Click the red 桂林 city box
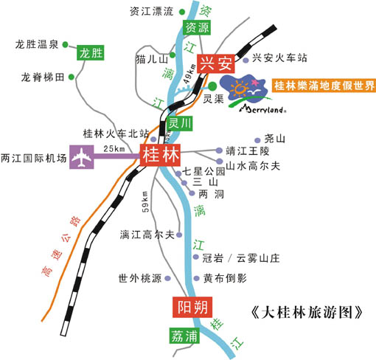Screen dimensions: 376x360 pyautogui.click(x=160, y=155)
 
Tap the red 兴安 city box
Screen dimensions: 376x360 pyautogui.click(x=216, y=63)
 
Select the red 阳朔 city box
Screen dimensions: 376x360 pyautogui.click(x=192, y=307)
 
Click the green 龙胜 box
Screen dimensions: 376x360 pyautogui.click(x=91, y=52)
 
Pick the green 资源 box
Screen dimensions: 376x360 pyautogui.click(x=197, y=27)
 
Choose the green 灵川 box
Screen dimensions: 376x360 pyautogui.click(x=179, y=123)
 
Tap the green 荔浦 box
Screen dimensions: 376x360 pyautogui.click(x=184, y=336)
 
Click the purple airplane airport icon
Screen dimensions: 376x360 pyautogui.click(x=82, y=157)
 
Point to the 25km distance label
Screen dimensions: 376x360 pyautogui.click(x=114, y=149)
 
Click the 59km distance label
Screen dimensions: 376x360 pyautogui.click(x=145, y=201)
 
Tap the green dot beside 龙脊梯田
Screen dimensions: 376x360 pyautogui.click(x=72, y=77)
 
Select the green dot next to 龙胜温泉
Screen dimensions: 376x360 pyautogui.click(x=65, y=44)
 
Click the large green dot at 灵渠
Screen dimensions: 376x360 pyautogui.click(x=212, y=86)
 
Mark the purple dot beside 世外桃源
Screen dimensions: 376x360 pyautogui.click(x=167, y=278)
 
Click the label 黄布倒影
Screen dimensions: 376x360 pyautogui.click(x=225, y=278)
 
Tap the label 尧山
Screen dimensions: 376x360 pyautogui.click(x=274, y=139)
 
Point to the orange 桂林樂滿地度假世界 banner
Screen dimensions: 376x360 pyautogui.click(x=324, y=86)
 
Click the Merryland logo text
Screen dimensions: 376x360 pyautogui.click(x=263, y=109)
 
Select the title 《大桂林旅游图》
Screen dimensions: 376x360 pyautogui.click(x=307, y=313)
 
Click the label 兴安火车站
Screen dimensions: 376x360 pyautogui.click(x=279, y=58)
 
